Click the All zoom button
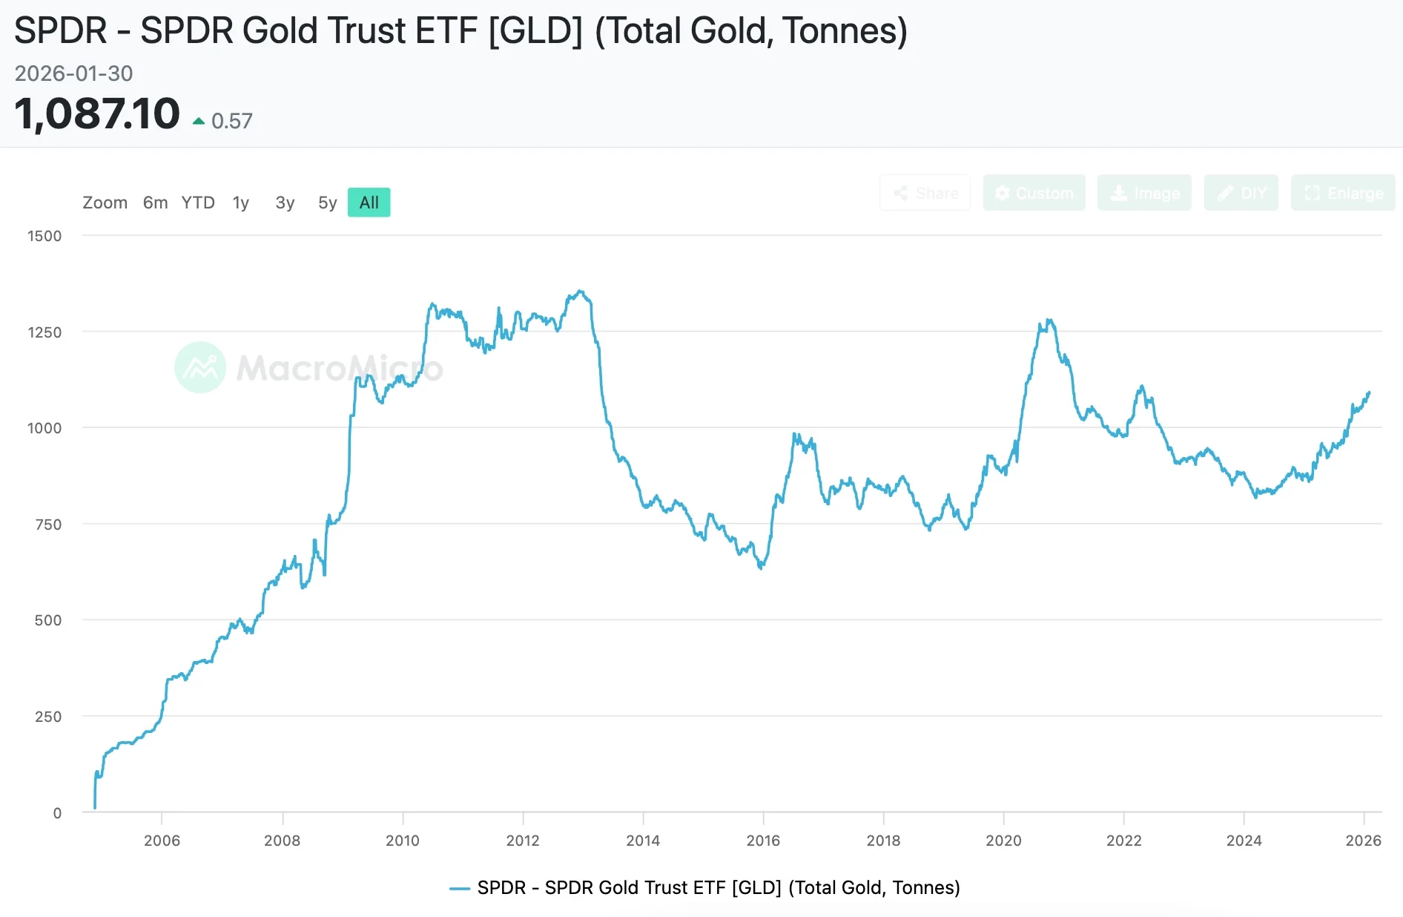click(369, 203)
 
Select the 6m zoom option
click(155, 203)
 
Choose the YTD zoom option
click(198, 203)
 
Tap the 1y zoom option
click(240, 203)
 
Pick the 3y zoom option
click(285, 203)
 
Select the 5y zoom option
click(327, 203)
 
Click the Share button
click(925, 193)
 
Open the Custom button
click(1034, 193)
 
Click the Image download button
click(1144, 193)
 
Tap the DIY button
click(1241, 193)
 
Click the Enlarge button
click(1343, 193)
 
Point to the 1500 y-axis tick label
click(44, 236)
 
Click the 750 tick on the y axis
click(48, 525)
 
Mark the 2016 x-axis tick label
click(763, 841)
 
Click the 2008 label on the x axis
click(283, 841)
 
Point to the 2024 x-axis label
click(1244, 841)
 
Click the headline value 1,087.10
click(97, 114)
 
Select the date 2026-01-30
click(73, 73)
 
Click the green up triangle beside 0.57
click(199, 121)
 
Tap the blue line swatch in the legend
click(460, 888)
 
